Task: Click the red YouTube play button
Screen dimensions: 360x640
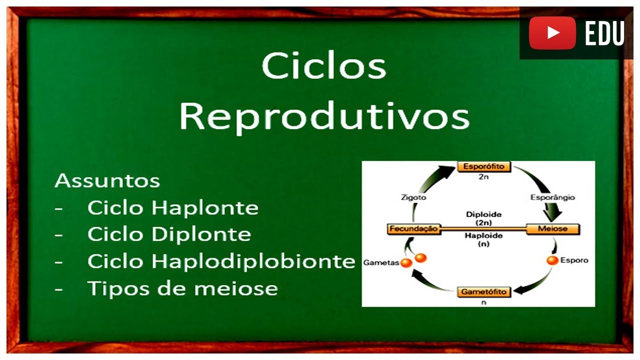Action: pyautogui.click(x=552, y=33)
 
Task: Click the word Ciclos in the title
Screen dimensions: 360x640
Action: pyautogui.click(x=324, y=66)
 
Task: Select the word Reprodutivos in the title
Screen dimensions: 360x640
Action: pyautogui.click(x=324, y=116)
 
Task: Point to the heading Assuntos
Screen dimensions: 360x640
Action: pyautogui.click(x=107, y=181)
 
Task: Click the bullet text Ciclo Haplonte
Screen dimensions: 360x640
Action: pyautogui.click(x=172, y=208)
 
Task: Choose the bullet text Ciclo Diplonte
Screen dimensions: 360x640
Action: pyautogui.click(x=169, y=234)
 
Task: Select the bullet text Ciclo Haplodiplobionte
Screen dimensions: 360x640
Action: pyautogui.click(x=221, y=261)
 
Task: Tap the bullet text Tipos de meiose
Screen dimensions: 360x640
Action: pyautogui.click(x=182, y=288)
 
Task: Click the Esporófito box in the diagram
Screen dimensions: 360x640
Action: pyautogui.click(x=483, y=166)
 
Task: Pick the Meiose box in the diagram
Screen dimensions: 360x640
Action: pyautogui.click(x=552, y=229)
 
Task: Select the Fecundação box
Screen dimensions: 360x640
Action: pyautogui.click(x=413, y=229)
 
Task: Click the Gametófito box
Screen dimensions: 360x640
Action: pyautogui.click(x=483, y=291)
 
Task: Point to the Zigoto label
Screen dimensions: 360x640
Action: pyautogui.click(x=413, y=197)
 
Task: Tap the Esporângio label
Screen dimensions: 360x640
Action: pyautogui.click(x=552, y=197)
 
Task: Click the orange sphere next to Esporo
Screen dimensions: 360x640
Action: pyautogui.click(x=552, y=260)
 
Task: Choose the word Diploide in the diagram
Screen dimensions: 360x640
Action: pyautogui.click(x=483, y=214)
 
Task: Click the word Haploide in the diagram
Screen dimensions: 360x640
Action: pyautogui.click(x=483, y=235)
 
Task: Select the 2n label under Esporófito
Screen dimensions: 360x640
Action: pyautogui.click(x=483, y=177)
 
